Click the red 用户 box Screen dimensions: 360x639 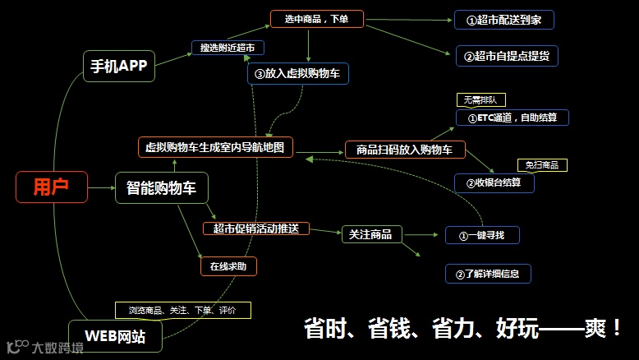coord(51,187)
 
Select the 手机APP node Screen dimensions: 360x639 coord(118,67)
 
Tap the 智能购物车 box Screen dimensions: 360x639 coord(161,188)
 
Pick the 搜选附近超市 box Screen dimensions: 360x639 coord(227,48)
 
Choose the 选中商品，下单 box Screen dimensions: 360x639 coord(316,18)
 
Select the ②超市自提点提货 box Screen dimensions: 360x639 coord(507,56)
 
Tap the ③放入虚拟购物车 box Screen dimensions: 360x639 coord(297,74)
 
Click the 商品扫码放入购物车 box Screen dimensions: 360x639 coord(405,150)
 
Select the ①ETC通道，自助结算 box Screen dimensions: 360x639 coord(512,118)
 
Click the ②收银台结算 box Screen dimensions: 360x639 coord(494,182)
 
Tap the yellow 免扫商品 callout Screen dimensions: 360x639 coord(542,165)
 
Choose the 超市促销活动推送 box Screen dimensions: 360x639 coord(255,228)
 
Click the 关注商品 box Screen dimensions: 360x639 coord(371,235)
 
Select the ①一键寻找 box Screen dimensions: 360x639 coord(482,236)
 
